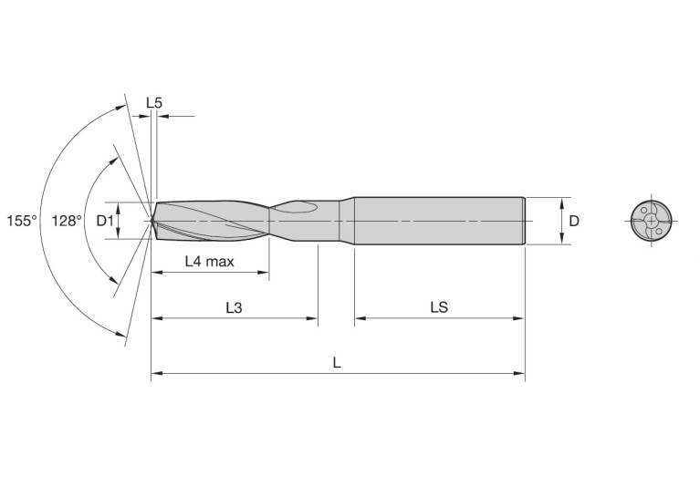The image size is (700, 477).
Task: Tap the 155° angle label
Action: [22, 221]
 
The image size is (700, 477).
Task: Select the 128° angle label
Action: [67, 221]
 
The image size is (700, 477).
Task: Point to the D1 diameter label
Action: [105, 221]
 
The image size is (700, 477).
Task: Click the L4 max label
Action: [209, 262]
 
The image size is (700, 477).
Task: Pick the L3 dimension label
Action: [234, 308]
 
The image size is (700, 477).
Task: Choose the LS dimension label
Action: [438, 308]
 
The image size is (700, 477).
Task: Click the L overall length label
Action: [337, 363]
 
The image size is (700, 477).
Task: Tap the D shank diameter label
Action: [573, 221]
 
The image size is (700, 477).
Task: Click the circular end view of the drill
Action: [649, 221]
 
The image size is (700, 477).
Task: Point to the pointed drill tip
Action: [152, 220]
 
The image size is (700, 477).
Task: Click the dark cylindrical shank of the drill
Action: [438, 221]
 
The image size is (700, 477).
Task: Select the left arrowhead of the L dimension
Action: [156, 373]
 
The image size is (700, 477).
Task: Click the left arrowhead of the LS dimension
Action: [360, 318]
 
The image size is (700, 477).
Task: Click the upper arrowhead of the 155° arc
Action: [122, 106]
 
